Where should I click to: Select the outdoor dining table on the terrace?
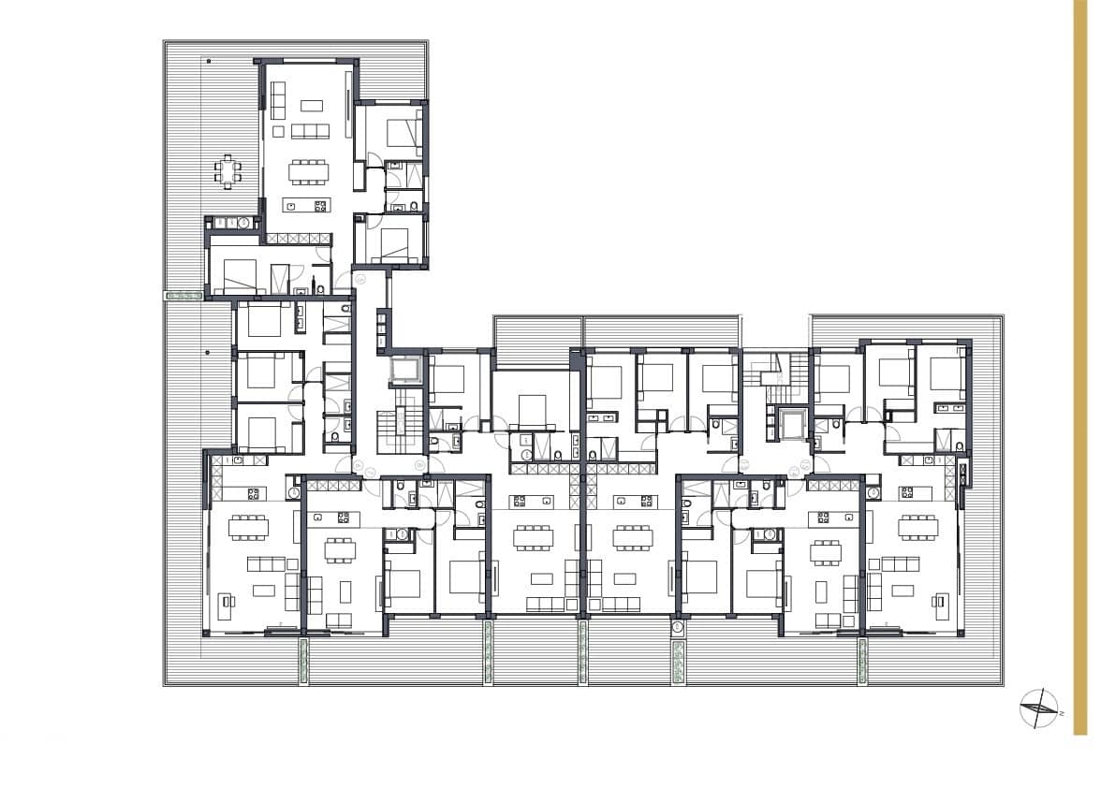[227, 172]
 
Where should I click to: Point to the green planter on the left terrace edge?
[183, 296]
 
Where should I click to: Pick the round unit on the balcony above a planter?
[678, 632]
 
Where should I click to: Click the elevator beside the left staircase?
[404, 371]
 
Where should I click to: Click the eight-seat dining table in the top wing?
[309, 170]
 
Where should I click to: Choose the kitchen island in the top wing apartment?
[307, 206]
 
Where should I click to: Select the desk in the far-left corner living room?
[226, 606]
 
